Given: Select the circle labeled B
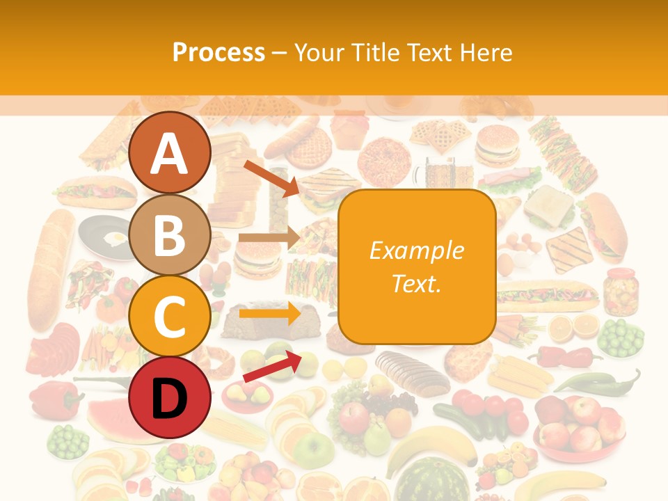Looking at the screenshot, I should pos(169,234).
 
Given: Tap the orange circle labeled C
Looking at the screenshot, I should pos(169,317).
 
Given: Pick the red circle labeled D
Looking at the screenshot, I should pos(169,398).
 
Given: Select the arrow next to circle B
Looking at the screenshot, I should pos(269,237).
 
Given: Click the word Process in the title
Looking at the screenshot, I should pos(218,52).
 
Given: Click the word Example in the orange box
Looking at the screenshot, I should pos(417,250).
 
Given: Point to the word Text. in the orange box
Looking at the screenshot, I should pos(417,283).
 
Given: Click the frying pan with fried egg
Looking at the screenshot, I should pos(104,237).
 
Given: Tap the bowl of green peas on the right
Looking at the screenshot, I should pos(621,337).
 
